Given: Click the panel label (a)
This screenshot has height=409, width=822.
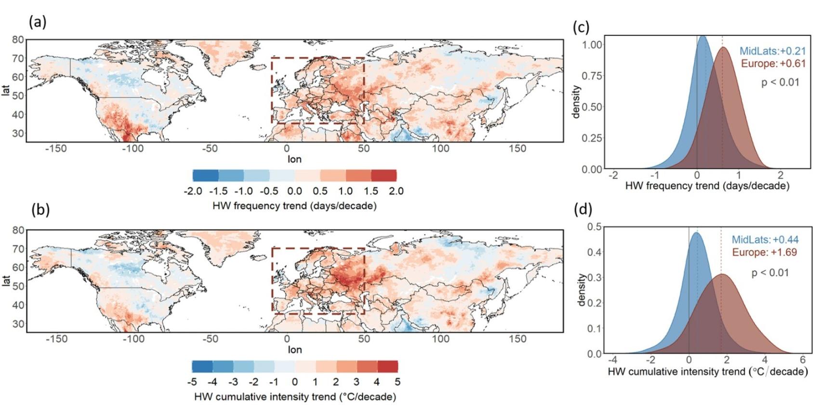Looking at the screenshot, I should click(38, 22).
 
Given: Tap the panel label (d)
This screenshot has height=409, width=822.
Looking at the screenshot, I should click(583, 209).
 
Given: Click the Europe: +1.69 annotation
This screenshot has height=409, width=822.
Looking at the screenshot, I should click(764, 252).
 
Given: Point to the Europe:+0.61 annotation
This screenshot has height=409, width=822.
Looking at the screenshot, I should click(773, 64).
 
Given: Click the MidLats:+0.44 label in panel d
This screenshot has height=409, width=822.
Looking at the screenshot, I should click(765, 240).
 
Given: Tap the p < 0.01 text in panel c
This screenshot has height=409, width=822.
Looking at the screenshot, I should click(780, 82).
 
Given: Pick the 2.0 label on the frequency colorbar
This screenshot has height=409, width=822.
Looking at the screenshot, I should click(396, 191).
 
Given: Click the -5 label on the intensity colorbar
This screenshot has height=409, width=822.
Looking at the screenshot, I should click(192, 382).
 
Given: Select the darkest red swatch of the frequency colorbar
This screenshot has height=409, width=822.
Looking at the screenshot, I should click(384, 176).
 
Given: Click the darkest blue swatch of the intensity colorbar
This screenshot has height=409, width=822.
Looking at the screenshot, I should click(202, 367).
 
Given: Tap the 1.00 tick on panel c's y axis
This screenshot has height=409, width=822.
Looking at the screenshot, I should click(592, 45).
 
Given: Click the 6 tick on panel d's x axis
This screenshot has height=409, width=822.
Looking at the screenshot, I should click(802, 360).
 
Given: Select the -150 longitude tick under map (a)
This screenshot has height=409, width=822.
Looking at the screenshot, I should click(56, 149).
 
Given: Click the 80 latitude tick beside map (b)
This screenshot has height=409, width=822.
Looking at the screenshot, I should click(18, 230).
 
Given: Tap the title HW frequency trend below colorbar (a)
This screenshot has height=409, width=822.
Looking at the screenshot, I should click(294, 206).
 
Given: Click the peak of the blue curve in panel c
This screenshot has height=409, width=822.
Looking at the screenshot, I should click(703, 36).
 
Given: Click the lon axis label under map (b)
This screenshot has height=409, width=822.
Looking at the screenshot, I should click(294, 350).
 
